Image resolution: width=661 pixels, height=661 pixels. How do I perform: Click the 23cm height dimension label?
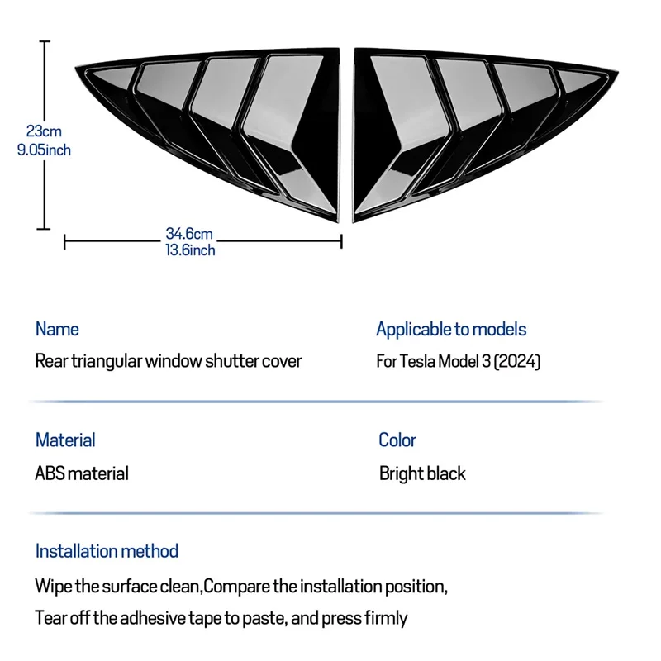pos(44,131)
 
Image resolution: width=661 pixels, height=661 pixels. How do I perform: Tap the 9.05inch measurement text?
pos(44,150)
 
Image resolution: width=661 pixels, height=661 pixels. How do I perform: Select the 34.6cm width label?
pos(189,233)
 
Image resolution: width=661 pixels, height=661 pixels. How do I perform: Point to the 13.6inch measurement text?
pos(190,250)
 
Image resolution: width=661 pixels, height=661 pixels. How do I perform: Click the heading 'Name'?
pos(57,329)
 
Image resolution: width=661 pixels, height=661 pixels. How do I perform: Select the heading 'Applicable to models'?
pos(451,329)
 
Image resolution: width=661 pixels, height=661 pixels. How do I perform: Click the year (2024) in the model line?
pos(517,362)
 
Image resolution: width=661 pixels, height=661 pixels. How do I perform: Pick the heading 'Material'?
pos(65,440)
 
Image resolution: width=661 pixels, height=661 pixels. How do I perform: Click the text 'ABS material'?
pos(82,473)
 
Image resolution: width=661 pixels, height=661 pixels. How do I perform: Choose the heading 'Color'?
pos(397,440)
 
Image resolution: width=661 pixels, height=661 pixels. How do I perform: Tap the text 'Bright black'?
pos(422,473)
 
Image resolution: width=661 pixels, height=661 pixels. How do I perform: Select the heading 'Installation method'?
pos(107,551)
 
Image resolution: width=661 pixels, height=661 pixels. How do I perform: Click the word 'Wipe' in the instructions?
pos(53,587)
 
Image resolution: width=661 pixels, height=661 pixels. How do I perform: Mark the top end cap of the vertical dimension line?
pos(45,41)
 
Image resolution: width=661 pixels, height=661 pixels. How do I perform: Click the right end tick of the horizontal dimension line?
pos(341,241)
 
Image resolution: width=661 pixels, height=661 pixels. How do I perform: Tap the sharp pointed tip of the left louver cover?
pos(76,68)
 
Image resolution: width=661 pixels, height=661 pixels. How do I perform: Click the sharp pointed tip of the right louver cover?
pos(617,73)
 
